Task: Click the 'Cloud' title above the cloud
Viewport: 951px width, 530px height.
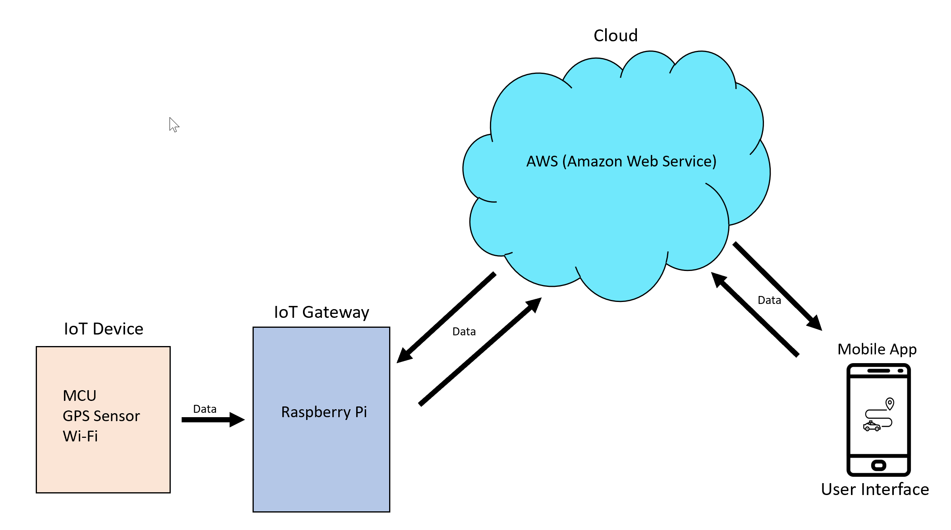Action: [x=615, y=35]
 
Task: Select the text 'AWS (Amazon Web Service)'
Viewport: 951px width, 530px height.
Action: [x=621, y=161]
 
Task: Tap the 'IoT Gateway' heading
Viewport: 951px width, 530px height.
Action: [x=322, y=312]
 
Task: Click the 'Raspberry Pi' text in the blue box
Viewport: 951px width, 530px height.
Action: [x=324, y=412]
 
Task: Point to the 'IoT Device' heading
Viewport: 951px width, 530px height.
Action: [x=104, y=329]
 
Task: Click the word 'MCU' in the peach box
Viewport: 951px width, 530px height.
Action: [x=79, y=396]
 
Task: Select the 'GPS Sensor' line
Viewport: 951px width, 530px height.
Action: [x=101, y=416]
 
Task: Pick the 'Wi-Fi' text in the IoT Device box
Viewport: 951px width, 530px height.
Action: [x=80, y=436]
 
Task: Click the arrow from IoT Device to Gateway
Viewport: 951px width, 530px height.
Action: [x=213, y=420]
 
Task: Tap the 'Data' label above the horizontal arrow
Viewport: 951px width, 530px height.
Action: [x=204, y=409]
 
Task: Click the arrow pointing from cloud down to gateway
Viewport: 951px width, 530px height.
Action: [x=446, y=317]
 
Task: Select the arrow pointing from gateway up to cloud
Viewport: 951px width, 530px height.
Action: [x=480, y=352]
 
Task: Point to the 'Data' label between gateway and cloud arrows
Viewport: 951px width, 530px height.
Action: [x=464, y=331]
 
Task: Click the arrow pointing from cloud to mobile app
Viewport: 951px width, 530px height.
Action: [x=777, y=286]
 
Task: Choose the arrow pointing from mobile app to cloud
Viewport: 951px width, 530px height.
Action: [x=754, y=314]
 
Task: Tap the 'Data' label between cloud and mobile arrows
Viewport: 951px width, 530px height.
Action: [x=769, y=300]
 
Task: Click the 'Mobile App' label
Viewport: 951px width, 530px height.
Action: [x=877, y=349]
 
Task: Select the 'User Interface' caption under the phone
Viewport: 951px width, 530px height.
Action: [x=875, y=489]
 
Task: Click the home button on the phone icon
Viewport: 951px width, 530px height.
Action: [x=878, y=465]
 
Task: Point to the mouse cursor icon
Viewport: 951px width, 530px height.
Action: [x=174, y=124]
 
